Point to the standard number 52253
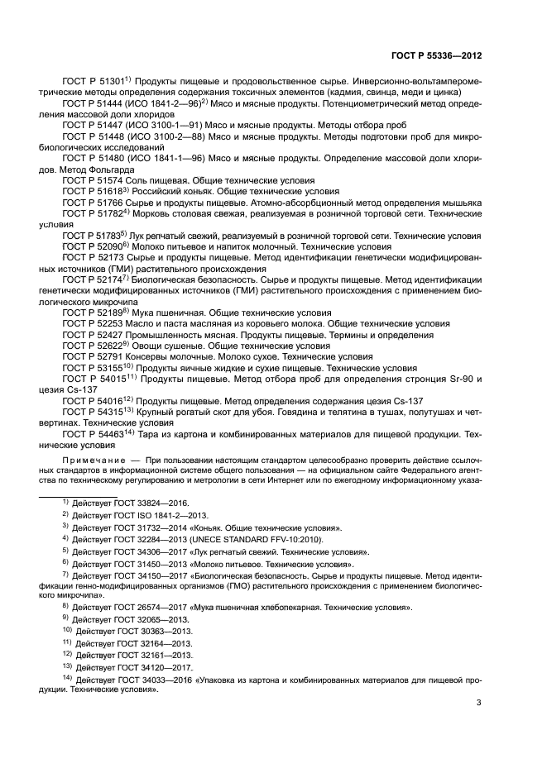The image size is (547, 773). pyautogui.click(x=117, y=323)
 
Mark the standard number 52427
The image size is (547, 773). pyautogui.click(x=117, y=334)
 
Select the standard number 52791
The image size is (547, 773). pyautogui.click(x=117, y=356)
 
